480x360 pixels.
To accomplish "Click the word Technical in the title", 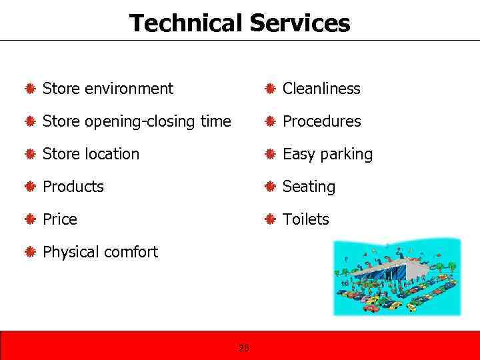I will coord(186,23).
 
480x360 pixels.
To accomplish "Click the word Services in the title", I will coord(299,23).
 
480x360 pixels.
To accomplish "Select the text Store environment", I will coord(107,89).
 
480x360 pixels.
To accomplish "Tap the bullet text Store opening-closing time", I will coord(137,121).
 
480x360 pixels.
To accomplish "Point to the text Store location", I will coord(91,154).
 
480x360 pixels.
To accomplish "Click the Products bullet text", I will coord(73,187).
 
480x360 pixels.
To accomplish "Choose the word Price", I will coord(59,219).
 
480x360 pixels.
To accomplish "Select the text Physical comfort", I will coord(100,252).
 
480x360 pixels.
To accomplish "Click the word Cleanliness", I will coord(321,89).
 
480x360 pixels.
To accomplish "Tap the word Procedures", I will coord(321,121).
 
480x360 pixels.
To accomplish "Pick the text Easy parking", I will coord(327,154).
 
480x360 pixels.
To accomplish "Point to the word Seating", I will coord(309,187).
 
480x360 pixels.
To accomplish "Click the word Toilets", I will coord(305,219).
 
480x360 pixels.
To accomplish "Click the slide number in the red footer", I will coord(244,347).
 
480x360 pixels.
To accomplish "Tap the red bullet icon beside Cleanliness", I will coord(269,89).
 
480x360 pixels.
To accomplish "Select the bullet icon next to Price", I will coord(29,219).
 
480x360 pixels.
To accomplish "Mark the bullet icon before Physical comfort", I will coord(29,252).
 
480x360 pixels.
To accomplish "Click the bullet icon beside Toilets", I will coord(269,219).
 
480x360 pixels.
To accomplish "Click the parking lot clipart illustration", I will coord(397,277).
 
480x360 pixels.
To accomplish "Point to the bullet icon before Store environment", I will coord(29,89).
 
